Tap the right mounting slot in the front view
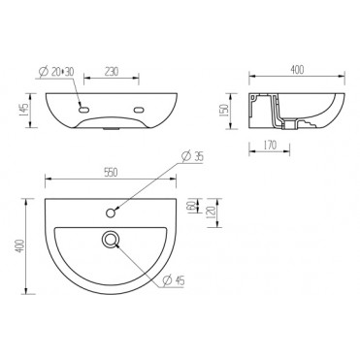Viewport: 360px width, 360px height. coord(145,108)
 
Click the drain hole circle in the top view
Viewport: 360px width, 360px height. coord(113,237)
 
